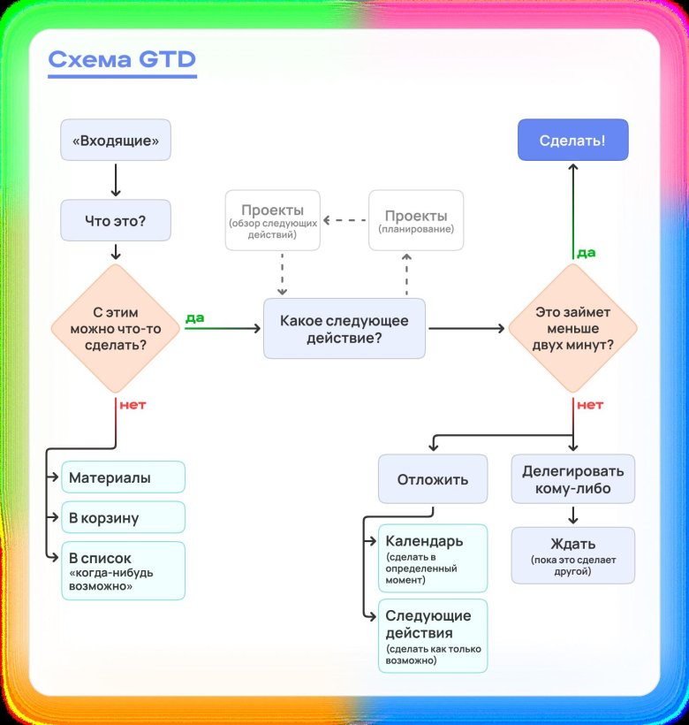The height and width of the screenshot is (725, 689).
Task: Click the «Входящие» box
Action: click(115, 140)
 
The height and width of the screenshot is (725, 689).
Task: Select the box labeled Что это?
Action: click(115, 220)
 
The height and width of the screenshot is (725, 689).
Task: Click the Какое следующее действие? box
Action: click(344, 328)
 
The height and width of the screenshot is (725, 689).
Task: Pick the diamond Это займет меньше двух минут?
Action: click(573, 328)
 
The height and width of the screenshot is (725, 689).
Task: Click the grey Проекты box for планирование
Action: click(415, 221)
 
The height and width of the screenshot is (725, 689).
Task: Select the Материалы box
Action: click(123, 477)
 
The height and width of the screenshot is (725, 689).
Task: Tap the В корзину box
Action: click(123, 517)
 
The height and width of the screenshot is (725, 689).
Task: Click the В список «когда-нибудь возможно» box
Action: click(123, 571)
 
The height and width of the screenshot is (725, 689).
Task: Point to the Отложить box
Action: click(432, 481)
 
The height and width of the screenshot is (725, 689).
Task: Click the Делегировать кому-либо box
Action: click(572, 480)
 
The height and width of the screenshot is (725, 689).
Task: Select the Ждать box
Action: click(572, 555)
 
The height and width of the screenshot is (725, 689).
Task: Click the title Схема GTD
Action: click(121, 59)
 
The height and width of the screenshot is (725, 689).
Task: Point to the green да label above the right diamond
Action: click(586, 253)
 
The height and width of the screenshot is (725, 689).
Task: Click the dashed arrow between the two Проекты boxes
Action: click(344, 219)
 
